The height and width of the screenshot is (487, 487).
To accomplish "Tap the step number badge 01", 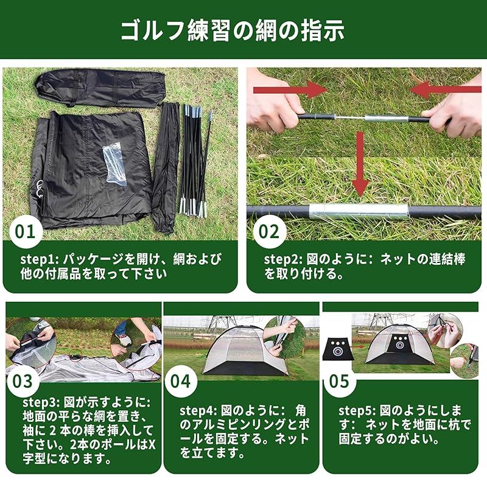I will [x=26, y=231].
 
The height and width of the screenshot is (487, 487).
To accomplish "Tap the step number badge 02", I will [x=269, y=231].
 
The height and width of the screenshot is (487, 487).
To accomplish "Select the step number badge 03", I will [x=23, y=381].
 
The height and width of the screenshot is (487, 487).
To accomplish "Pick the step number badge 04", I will [x=180, y=381].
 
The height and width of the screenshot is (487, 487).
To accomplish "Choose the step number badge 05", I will [x=338, y=381].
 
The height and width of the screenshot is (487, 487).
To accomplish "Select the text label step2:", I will [x=281, y=259].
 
